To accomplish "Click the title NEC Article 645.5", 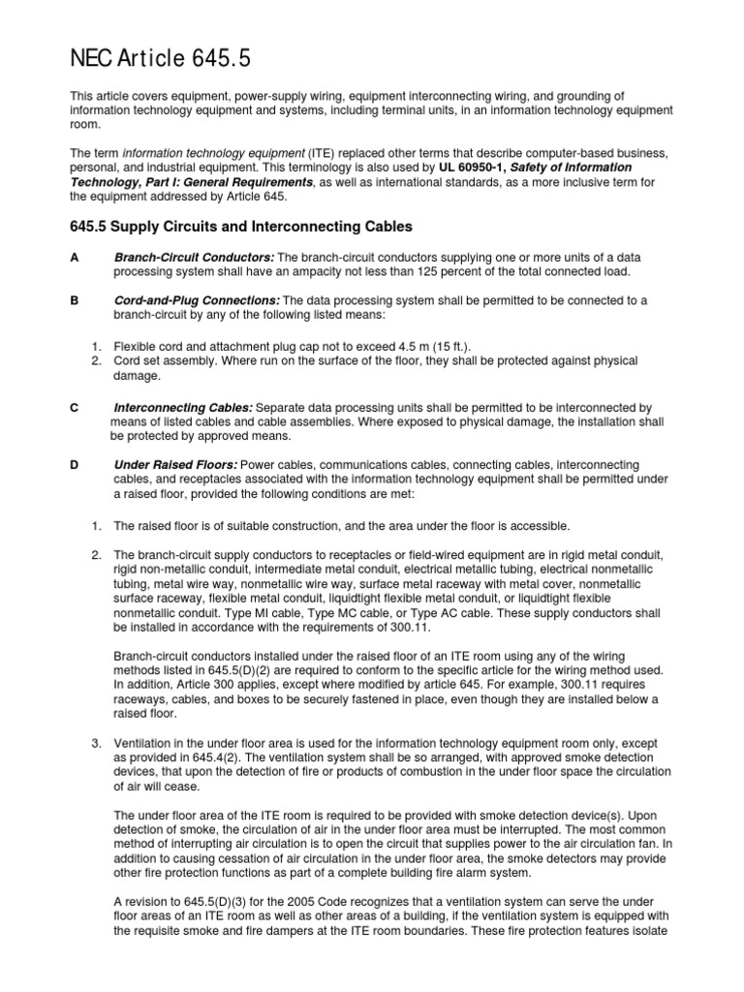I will pyautogui.click(x=161, y=59).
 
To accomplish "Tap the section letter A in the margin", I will pyautogui.click(x=75, y=257).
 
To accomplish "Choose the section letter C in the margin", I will pyautogui.click(x=75, y=408).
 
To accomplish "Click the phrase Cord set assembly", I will pyautogui.click(x=164, y=360).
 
